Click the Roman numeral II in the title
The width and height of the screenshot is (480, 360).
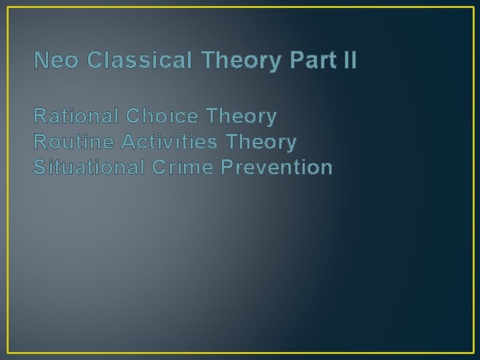[x=349, y=61]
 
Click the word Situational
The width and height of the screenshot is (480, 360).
[x=90, y=167]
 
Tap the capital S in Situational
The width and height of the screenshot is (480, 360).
[x=39, y=167]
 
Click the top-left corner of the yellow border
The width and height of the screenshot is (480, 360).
[x=7, y=7]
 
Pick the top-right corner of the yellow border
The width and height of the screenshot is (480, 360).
[x=473, y=7]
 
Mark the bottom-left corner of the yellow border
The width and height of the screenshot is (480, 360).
[x=7, y=353]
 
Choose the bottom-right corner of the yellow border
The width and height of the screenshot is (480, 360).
[x=473, y=353]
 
